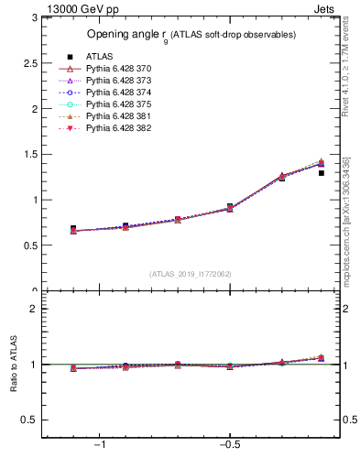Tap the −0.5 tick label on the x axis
click(x=229, y=445)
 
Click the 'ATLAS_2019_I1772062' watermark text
click(x=191, y=274)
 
